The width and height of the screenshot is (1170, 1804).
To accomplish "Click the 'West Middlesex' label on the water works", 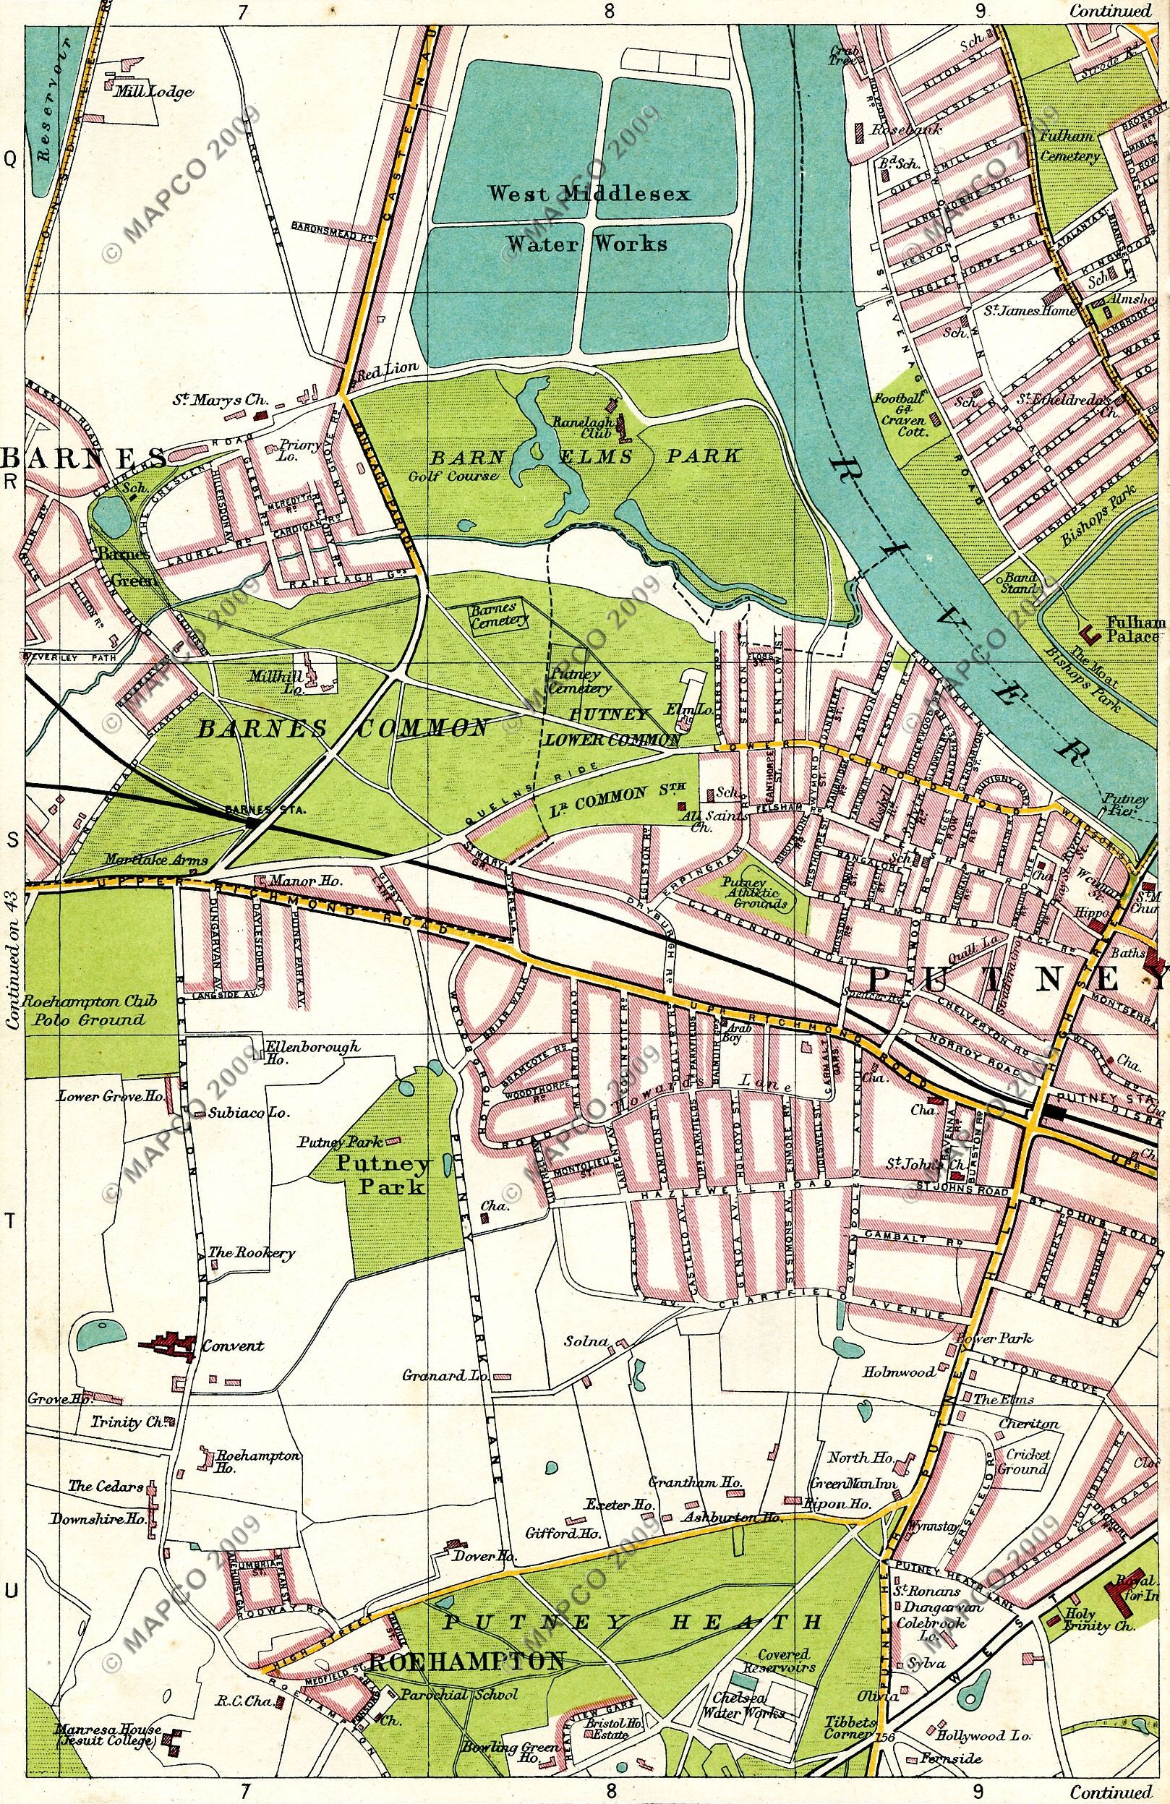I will pyautogui.click(x=589, y=194).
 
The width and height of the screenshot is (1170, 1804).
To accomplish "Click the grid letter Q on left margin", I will pyautogui.click(x=11, y=158).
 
